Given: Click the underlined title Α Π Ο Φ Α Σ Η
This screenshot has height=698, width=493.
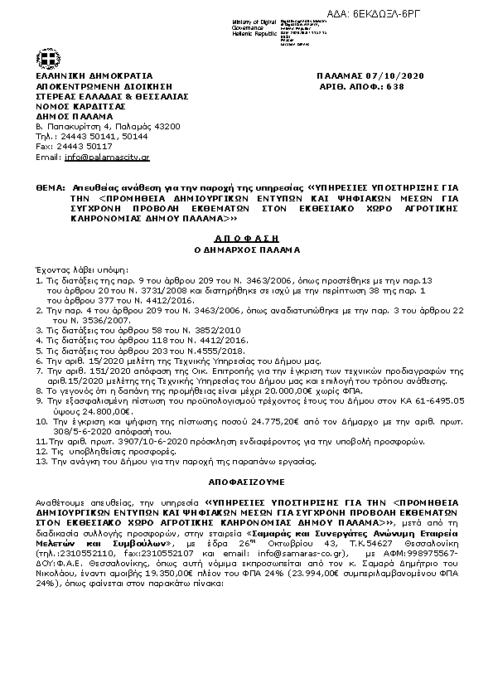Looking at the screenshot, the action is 247,235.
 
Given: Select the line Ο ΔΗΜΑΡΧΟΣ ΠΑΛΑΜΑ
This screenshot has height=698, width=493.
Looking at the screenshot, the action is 247,249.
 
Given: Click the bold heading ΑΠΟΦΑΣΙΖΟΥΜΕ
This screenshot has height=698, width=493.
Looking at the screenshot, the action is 245,481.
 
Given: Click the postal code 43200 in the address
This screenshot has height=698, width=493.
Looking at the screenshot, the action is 163,126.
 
